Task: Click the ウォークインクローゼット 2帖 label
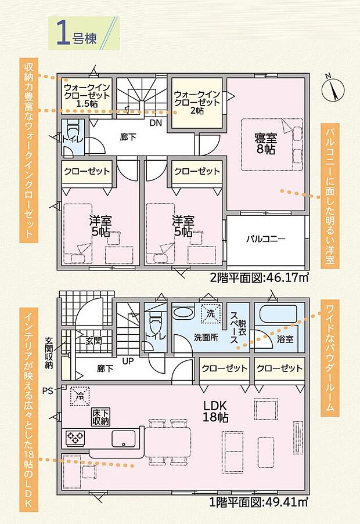coord(197,102)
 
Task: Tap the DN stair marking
coord(156,123)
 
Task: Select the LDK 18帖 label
coord(218,410)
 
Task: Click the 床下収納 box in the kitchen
coord(101,416)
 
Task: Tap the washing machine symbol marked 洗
coord(210,314)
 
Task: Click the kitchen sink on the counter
coord(123,437)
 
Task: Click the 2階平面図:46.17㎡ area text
coord(259,277)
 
